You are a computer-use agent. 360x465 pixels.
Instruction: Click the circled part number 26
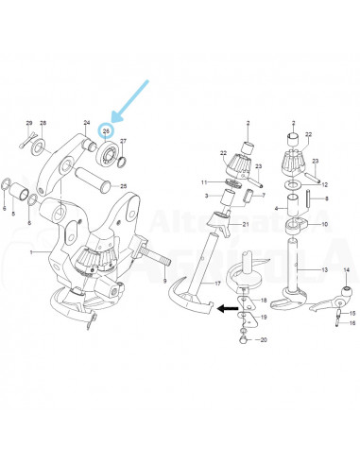[x=107, y=130]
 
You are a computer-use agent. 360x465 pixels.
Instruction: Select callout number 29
[x=28, y=124]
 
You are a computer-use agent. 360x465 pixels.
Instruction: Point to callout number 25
[x=122, y=187]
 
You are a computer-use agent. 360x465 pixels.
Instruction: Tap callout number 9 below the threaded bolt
[x=164, y=280]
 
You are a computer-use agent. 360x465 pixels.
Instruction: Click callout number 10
[x=325, y=225]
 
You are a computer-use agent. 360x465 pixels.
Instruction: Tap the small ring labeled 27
[x=121, y=158]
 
